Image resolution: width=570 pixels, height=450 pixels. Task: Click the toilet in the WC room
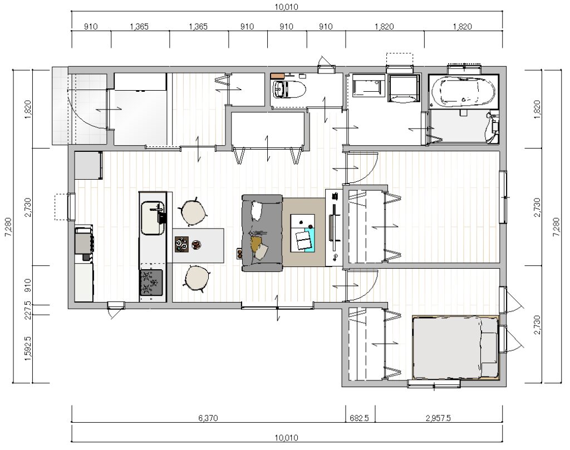[289, 89]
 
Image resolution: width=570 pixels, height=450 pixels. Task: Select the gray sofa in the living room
[262, 233]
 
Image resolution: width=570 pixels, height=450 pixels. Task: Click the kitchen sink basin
[153, 218]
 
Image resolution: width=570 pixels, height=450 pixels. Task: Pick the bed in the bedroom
[455, 348]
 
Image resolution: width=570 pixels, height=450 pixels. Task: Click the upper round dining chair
[193, 212]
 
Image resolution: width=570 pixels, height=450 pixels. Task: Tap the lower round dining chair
[196, 278]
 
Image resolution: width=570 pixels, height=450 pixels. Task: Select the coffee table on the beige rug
[302, 233]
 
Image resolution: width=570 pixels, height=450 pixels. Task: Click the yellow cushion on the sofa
[256, 243]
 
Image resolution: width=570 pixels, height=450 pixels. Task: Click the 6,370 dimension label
[208, 418]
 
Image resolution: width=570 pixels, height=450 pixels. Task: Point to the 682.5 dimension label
[359, 418]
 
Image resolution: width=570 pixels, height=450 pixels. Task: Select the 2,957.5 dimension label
[438, 418]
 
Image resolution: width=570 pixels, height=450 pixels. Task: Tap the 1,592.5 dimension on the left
[27, 348]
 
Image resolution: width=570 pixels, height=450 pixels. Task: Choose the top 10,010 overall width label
[287, 7]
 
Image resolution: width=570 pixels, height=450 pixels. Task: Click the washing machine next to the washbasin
[404, 87]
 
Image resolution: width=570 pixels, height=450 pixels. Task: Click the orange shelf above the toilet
[277, 75]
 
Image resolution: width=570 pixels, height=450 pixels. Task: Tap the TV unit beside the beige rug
[334, 228]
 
